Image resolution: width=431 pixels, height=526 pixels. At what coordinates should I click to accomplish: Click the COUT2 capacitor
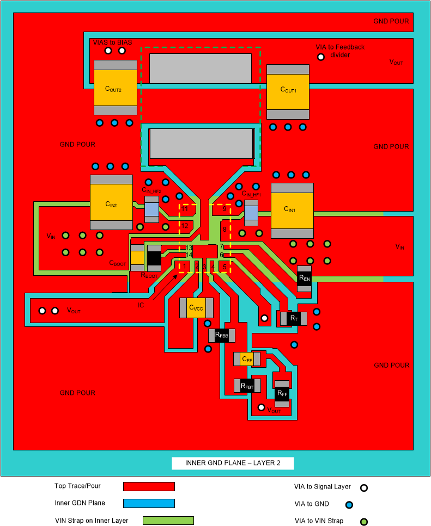115,88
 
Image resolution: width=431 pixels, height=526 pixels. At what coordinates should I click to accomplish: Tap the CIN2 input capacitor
111,202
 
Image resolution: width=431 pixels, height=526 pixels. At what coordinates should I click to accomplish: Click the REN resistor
304,279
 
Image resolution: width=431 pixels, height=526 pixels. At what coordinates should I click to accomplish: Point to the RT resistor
294,318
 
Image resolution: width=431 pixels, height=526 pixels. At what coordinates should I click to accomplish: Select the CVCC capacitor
196,308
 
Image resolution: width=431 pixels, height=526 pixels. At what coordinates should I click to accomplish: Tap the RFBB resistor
221,336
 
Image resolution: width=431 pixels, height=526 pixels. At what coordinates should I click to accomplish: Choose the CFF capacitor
247,359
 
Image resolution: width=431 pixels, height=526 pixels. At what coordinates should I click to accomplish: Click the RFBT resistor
247,386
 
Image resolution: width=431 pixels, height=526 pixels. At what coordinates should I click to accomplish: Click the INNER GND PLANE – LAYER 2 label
233,463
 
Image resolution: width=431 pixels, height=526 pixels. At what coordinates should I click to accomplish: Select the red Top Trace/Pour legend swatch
149,486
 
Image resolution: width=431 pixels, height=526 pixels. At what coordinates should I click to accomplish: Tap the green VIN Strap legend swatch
168,521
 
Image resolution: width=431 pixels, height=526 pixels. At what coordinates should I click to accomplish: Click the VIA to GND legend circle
349,504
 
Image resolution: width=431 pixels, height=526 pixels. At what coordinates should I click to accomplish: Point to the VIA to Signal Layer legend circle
364,488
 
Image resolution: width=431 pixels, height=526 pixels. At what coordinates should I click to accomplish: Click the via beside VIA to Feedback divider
321,57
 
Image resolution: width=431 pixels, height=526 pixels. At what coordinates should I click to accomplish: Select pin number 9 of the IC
224,209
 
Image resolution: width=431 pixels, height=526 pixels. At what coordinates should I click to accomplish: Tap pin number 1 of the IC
185,267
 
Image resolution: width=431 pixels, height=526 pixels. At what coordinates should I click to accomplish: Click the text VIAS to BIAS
112,42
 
